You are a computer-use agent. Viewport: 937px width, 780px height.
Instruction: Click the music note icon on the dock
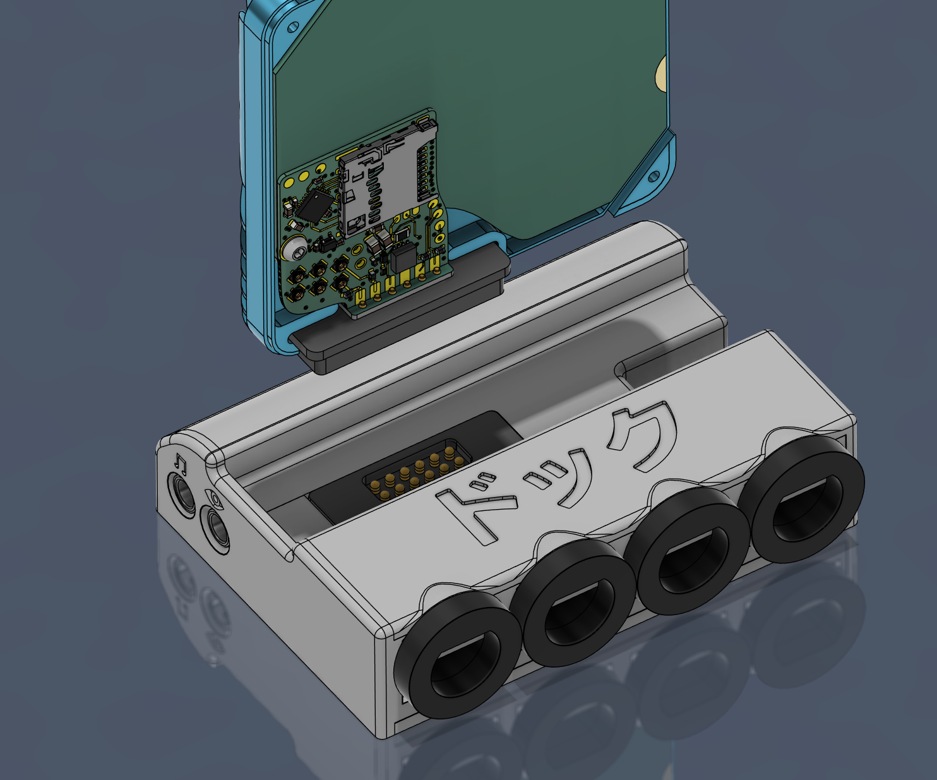pyautogui.click(x=181, y=463)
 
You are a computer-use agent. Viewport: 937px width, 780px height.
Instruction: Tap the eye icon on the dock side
pyautogui.click(x=215, y=499)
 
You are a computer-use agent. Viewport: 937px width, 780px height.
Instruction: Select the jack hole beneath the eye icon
pyautogui.click(x=215, y=529)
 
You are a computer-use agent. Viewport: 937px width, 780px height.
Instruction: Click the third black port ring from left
pyautogui.click(x=687, y=551)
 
